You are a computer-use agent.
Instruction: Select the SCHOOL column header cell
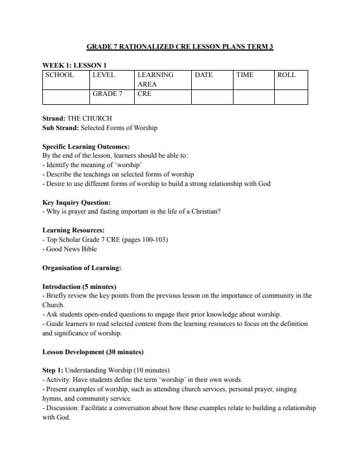coord(60,75)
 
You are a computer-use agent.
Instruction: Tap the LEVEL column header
coord(104,75)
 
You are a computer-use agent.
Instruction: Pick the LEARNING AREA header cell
coord(156,79)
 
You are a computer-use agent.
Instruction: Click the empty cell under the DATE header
coord(212,96)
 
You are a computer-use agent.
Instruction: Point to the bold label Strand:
coord(54,118)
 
